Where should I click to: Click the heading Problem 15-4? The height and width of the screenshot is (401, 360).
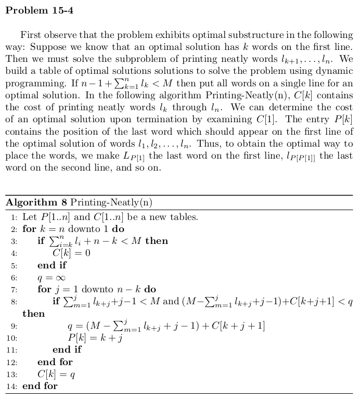(x=39, y=10)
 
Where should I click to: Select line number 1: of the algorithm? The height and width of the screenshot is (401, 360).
(x=14, y=217)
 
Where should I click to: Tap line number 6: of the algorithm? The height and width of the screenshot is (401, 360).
(x=14, y=278)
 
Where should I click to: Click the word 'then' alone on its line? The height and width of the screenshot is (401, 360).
(x=33, y=314)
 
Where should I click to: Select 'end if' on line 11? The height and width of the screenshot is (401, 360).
(x=67, y=350)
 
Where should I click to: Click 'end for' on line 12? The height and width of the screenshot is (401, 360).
(x=55, y=362)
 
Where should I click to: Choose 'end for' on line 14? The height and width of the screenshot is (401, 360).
(x=40, y=386)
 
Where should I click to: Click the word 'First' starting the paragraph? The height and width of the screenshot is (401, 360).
(x=31, y=35)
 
